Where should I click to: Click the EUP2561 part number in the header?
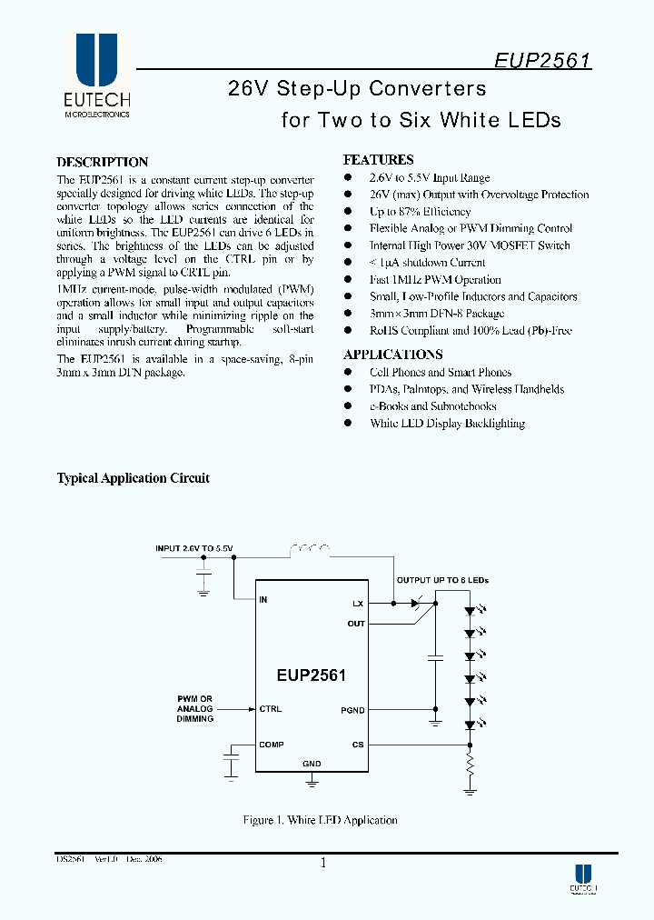(x=543, y=61)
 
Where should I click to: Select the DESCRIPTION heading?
(x=103, y=162)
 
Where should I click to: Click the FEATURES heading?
(x=378, y=160)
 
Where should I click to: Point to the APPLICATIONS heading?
(x=392, y=355)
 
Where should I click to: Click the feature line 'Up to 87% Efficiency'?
(x=420, y=212)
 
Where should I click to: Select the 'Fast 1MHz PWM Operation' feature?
(x=435, y=280)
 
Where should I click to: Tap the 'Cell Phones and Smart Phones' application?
(x=440, y=373)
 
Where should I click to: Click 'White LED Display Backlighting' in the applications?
(x=447, y=424)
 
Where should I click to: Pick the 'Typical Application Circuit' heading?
(x=134, y=478)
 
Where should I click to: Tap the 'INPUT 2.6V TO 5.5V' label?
(x=194, y=548)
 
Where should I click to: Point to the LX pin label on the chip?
(x=358, y=603)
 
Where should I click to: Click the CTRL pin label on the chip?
(x=270, y=709)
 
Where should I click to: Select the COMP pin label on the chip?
(x=271, y=745)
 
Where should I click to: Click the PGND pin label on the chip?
(x=352, y=710)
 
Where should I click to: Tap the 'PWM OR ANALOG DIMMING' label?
(x=194, y=709)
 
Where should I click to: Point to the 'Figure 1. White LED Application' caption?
(x=320, y=820)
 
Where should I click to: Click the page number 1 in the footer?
(x=323, y=865)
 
